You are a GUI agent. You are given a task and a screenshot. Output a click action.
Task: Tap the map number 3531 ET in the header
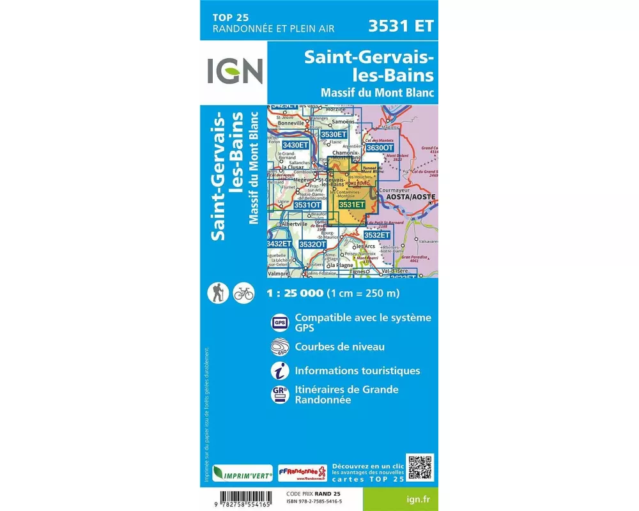point(401,26)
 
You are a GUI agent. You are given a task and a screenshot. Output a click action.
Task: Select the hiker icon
point(217,294)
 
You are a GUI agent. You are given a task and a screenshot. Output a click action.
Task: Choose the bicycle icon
point(243,294)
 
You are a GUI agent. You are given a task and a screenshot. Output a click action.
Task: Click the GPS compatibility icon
point(279,323)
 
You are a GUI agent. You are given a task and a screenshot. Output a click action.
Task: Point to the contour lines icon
point(279,347)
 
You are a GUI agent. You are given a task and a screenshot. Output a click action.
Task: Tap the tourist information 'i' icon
point(279,370)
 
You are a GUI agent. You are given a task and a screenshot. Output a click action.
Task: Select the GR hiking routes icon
point(279,394)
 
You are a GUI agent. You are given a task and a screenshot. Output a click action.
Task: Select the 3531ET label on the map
point(352,204)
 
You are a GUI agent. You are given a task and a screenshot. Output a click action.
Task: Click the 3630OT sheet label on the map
point(380,148)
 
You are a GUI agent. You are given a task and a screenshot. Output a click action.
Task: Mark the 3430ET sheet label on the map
point(295,145)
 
